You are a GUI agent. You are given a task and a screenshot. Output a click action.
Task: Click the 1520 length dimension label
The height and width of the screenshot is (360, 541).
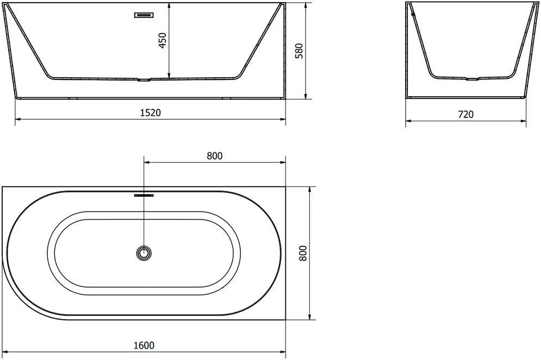click(151, 113)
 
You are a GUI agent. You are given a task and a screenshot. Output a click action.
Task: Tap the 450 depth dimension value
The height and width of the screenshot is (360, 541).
click(162, 40)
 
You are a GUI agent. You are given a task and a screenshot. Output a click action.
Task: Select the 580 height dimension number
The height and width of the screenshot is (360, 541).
click(299, 51)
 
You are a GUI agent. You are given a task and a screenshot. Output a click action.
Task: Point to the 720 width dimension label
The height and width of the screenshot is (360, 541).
click(466, 114)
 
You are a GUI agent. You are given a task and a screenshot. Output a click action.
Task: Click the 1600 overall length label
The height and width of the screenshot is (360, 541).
click(144, 345)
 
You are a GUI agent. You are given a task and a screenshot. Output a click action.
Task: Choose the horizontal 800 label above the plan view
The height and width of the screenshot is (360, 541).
click(215, 156)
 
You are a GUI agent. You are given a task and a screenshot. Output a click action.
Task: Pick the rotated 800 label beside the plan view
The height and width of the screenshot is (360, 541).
click(303, 253)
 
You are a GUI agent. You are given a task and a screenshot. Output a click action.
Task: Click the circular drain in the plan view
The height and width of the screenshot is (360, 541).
click(144, 253)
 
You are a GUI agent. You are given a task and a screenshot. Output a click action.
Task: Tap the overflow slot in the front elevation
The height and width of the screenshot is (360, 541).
click(144, 15)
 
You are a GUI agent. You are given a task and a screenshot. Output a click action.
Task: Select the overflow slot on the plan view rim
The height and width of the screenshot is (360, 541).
click(144, 195)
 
